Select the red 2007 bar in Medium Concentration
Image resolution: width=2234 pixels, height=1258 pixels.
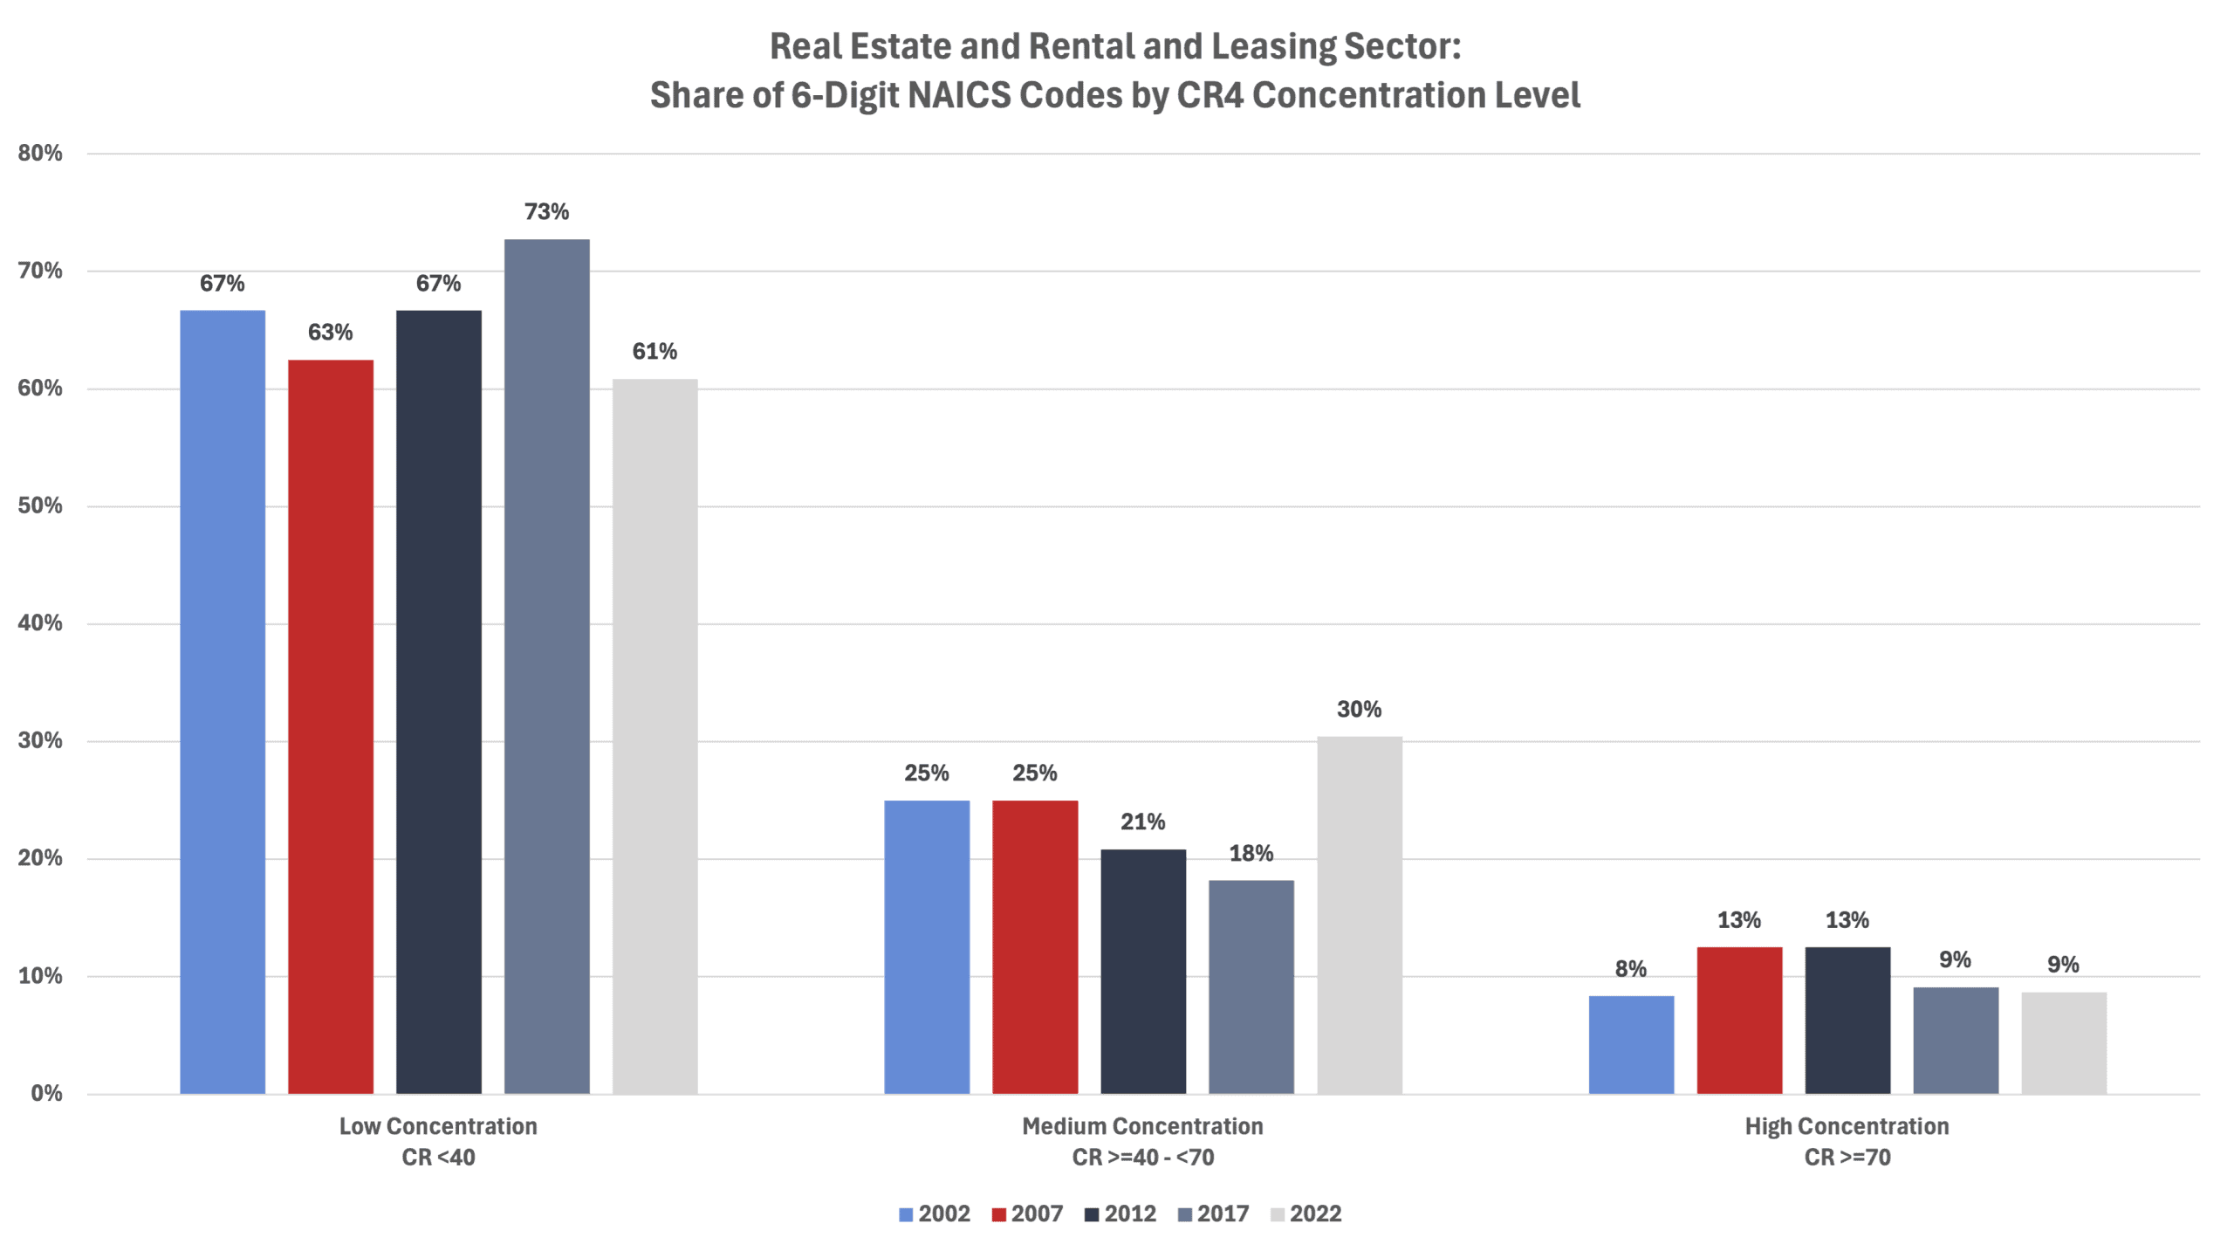pos(1034,946)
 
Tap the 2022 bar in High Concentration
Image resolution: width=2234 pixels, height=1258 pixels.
pos(2063,1042)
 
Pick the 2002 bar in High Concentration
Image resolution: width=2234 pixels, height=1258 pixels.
pos(1630,1044)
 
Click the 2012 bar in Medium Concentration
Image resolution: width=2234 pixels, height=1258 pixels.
pos(1142,971)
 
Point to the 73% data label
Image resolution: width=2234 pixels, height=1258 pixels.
pos(546,212)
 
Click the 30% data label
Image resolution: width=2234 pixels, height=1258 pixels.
pos(1359,710)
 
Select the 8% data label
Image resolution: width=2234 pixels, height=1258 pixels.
pos(1630,969)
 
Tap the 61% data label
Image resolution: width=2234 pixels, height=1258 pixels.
pos(654,352)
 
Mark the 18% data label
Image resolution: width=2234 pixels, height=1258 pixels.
pos(1251,854)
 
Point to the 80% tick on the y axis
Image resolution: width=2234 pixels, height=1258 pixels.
pos(40,154)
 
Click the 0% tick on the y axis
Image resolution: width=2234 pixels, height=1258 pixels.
pos(46,1094)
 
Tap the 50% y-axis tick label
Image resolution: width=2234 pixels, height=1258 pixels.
pos(40,506)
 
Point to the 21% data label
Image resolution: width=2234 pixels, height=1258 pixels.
pos(1142,822)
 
